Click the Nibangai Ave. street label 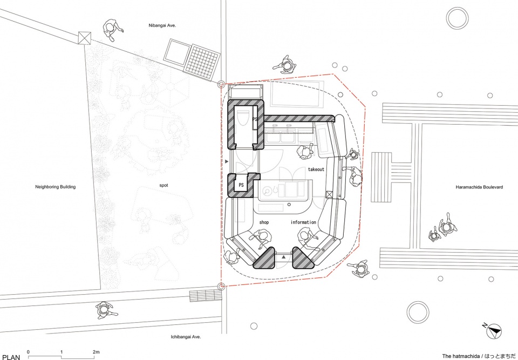click(162, 25)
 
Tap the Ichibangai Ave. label click(186, 337)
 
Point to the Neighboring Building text click(56, 187)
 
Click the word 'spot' click(164, 186)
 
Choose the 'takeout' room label click(316, 169)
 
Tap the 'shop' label click(264, 222)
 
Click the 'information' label click(303, 222)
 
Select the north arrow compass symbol click(494, 331)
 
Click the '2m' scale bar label click(96, 352)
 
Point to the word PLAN click(11, 357)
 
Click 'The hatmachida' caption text click(461, 356)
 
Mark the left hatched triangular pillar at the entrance click(264, 259)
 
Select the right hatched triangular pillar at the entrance click(302, 259)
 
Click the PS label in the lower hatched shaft click(241, 185)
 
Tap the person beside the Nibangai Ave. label click(112, 30)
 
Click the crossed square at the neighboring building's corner click(84, 38)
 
